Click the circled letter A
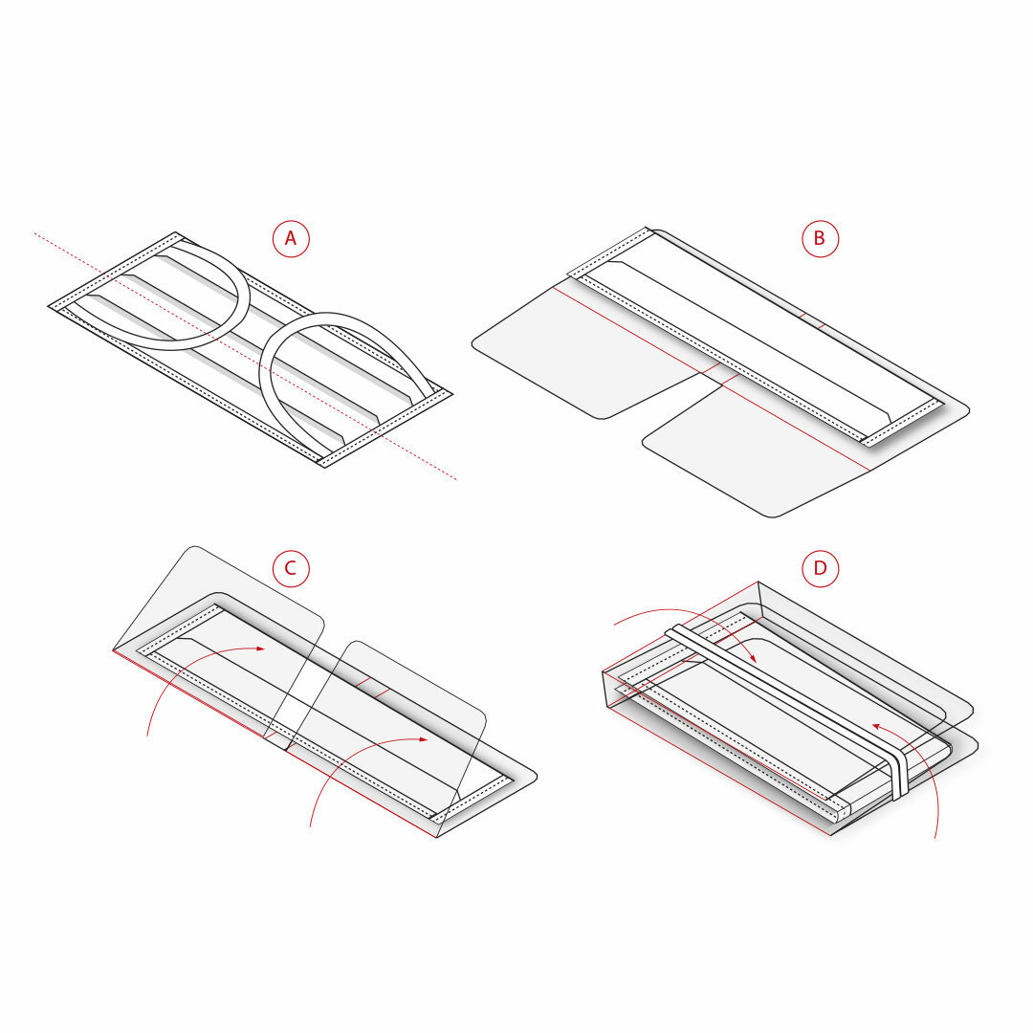[x=291, y=238]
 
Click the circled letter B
[x=821, y=238]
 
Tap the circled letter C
[x=291, y=568]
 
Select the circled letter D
[x=821, y=568]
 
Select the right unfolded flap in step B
[x=758, y=448]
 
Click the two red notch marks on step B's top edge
[x=812, y=320]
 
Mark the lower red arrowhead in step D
[x=877, y=727]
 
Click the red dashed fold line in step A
[x=245, y=357]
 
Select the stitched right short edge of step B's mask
[x=901, y=423]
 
